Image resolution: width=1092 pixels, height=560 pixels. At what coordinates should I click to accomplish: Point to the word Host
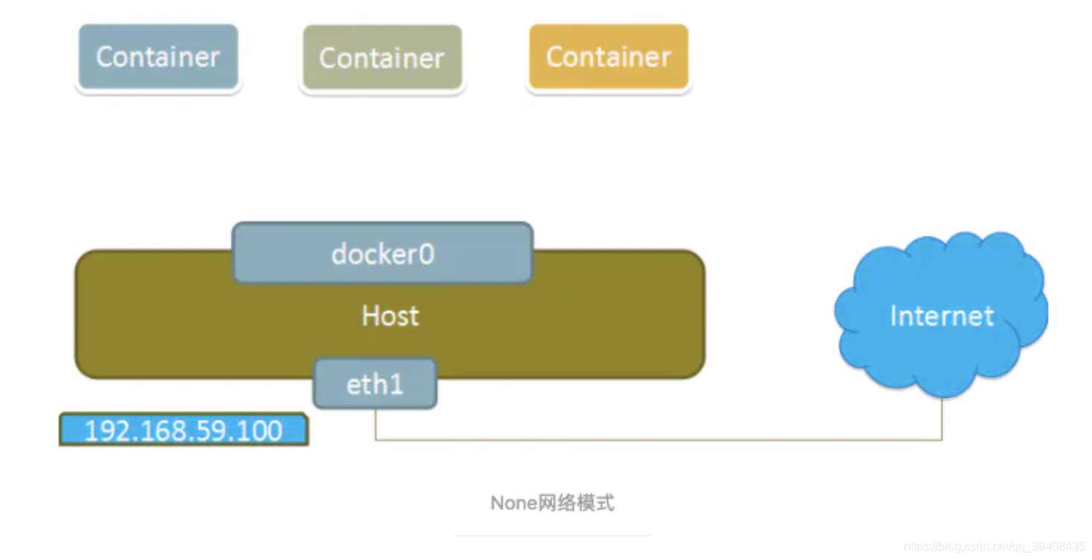[x=390, y=316]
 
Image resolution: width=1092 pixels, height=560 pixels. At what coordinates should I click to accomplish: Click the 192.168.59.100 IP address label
[x=183, y=431]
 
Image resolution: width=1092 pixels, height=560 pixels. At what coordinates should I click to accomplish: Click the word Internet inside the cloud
[x=941, y=316]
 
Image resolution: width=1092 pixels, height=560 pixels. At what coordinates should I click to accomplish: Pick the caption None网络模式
[x=552, y=503]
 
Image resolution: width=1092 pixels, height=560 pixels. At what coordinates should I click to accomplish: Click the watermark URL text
[x=994, y=547]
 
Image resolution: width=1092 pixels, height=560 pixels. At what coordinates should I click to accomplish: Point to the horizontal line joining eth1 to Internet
[x=658, y=440]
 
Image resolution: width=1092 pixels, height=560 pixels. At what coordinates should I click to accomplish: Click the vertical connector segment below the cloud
[x=942, y=419]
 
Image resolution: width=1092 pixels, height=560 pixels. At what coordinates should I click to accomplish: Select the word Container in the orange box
[x=608, y=57]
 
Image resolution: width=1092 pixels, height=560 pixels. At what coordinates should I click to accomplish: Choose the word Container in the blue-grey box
[x=158, y=57]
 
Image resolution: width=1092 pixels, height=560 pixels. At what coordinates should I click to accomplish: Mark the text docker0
[x=383, y=254]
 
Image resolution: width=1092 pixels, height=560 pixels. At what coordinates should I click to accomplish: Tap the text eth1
[x=375, y=384]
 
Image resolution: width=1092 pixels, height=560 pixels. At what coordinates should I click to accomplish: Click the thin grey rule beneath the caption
[x=552, y=535]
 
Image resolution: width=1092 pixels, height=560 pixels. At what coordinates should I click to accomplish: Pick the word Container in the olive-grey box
[x=382, y=58]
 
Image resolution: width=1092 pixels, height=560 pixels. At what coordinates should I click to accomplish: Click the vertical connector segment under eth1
[x=375, y=424]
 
